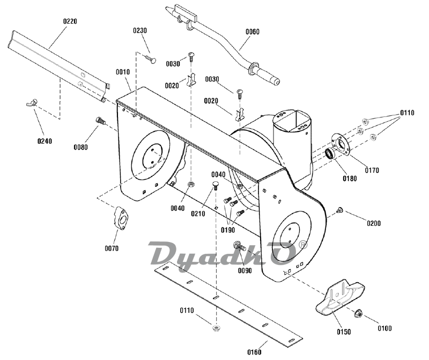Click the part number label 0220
70,21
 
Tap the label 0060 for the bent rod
253,32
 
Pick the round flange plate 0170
340,144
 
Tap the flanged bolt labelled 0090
239,247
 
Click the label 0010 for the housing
123,72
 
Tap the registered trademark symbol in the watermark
303,243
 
